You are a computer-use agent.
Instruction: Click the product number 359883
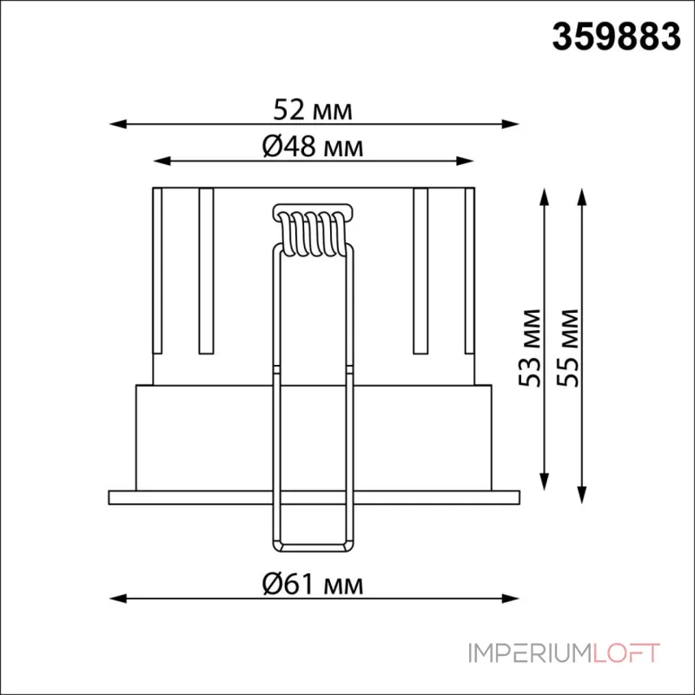pos(616,36)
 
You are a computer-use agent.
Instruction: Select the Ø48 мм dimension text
pos(313,146)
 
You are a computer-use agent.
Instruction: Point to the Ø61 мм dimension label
pos(313,584)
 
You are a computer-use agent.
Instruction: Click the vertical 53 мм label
pos(530,348)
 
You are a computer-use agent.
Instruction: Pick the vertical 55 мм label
pos(568,348)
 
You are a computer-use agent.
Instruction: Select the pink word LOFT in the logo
pos(625,653)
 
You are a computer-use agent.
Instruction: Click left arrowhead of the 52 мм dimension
pos(117,123)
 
